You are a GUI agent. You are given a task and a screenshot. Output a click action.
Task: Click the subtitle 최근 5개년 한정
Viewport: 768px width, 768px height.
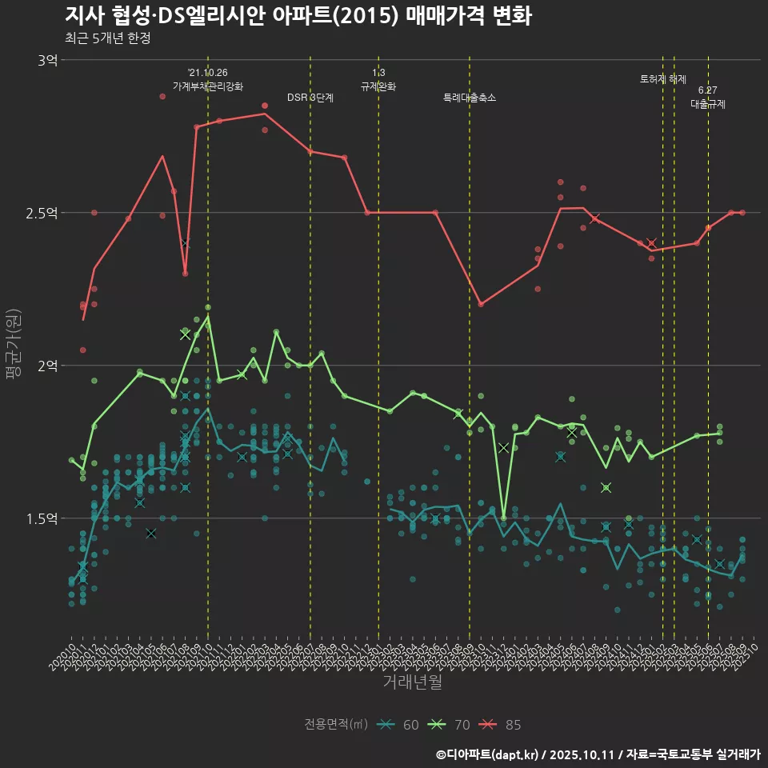pyautogui.click(x=107, y=38)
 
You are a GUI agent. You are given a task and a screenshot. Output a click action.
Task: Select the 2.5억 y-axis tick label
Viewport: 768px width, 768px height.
pyautogui.click(x=41, y=212)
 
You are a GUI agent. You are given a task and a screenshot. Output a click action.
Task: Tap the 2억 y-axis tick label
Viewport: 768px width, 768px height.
pyautogui.click(x=46, y=366)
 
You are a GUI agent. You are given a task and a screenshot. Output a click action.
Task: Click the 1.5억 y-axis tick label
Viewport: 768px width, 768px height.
pyautogui.click(x=41, y=518)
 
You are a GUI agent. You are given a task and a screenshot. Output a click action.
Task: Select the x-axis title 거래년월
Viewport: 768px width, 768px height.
pyautogui.click(x=412, y=682)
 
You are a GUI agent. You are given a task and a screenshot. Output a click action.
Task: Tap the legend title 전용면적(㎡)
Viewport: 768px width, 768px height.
pyautogui.click(x=336, y=725)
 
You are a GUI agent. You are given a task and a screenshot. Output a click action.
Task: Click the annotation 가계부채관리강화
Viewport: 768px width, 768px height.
pyautogui.click(x=208, y=86)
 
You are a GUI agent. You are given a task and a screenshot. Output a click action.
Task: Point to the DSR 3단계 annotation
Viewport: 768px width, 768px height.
pyautogui.click(x=310, y=98)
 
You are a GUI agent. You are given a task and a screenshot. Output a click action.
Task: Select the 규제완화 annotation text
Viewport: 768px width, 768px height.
pyautogui.click(x=378, y=86)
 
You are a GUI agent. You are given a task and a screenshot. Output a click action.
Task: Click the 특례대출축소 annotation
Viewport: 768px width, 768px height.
pyautogui.click(x=470, y=98)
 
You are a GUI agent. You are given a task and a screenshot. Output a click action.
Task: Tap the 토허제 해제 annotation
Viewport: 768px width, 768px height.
pyautogui.click(x=663, y=79)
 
